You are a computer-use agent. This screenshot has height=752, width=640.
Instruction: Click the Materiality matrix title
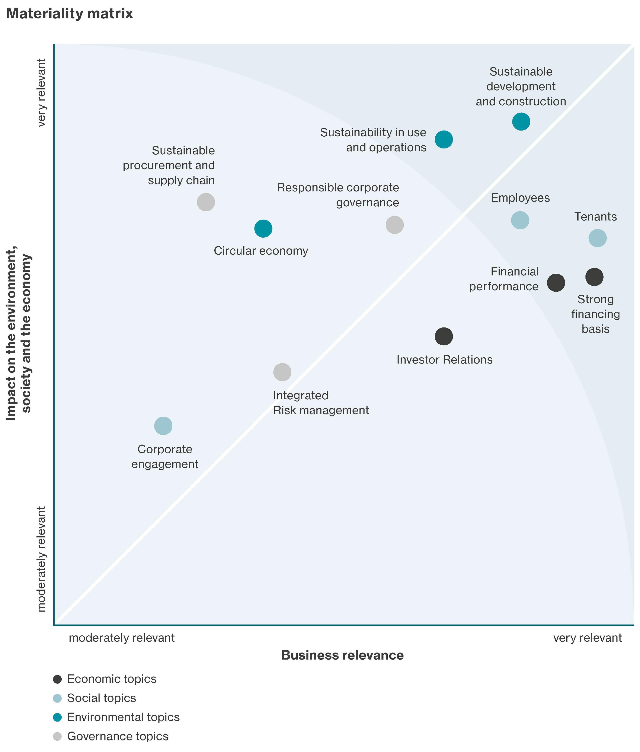[70, 14]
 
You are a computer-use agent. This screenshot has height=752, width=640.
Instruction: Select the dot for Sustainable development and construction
[521, 122]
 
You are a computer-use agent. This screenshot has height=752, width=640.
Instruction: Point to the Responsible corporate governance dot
[394, 225]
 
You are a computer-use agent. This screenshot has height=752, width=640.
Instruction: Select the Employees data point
[520, 220]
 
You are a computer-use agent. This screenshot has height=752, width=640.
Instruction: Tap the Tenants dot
[597, 238]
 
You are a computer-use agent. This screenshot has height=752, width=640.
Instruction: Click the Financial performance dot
[556, 282]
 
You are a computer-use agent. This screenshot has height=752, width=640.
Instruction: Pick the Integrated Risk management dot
[282, 372]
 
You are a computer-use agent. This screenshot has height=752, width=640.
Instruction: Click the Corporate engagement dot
[163, 426]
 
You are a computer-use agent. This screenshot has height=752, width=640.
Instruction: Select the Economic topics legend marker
[57, 679]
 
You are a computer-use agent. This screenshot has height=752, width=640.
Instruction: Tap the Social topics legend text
[102, 698]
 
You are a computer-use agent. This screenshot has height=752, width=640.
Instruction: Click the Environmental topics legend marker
[57, 717]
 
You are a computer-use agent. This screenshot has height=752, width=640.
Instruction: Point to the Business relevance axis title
[342, 655]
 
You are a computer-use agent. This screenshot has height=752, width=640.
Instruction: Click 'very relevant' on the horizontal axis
[587, 638]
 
